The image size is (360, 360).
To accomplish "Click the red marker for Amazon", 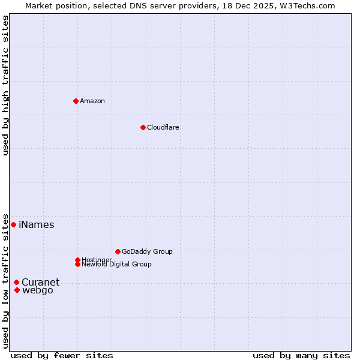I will pos(76,101).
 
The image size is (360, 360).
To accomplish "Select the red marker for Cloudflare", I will pos(143,127).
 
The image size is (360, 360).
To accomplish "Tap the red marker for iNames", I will pos(13,224).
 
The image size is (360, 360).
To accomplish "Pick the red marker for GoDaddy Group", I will pos(118,251).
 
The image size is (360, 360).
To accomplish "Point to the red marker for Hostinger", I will pos(77,260).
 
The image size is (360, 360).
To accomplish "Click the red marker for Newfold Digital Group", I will pos(77,264).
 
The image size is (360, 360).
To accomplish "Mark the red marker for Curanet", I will pos(16,282).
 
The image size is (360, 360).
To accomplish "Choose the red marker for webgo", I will pos(17,290).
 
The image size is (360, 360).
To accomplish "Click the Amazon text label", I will pos(92,101).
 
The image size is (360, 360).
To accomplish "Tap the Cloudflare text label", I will pos(163,127).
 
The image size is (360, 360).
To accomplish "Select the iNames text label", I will pos(37,225).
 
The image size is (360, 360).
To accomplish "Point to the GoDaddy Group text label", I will pos(147,251).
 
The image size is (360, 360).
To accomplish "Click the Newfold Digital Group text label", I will pos(117,264).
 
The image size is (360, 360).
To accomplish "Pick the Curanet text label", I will pos(41,283).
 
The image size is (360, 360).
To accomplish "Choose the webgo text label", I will pos(38,290).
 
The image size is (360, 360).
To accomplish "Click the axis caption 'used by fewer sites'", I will pos(62,355).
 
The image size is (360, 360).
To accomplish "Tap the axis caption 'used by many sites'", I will pos(301,355).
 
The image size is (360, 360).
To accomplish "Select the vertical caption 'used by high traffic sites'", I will pos(5,85).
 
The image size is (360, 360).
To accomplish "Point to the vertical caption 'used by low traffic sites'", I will pos(5,280).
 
